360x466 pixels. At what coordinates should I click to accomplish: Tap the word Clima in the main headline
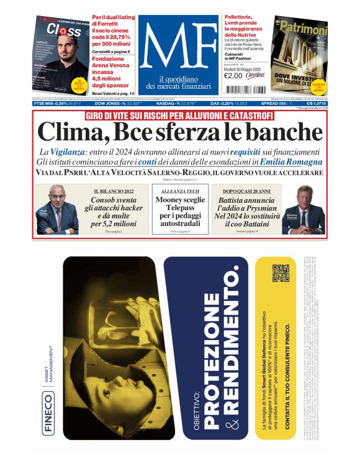69,131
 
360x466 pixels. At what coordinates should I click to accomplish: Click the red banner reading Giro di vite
179,116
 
